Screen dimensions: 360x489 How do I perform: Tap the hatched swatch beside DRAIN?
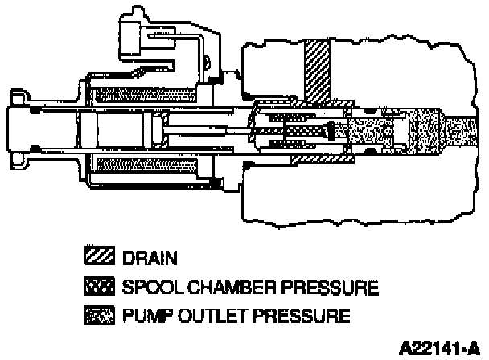tap(101, 259)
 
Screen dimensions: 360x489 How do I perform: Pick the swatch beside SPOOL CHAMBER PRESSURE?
tap(101, 286)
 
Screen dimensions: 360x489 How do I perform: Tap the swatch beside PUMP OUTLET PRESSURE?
tap(101, 313)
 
